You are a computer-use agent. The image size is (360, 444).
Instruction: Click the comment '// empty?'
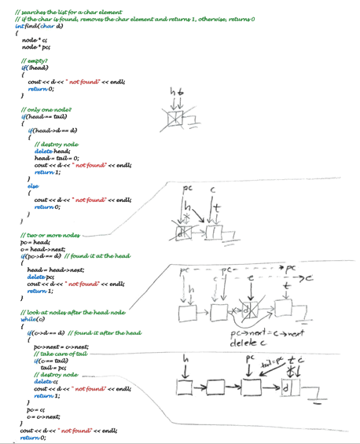[34, 60]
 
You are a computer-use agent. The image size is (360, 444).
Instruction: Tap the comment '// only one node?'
[46, 110]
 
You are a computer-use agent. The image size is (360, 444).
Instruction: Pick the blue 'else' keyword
[33, 185]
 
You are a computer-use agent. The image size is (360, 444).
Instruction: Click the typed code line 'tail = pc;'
[53, 368]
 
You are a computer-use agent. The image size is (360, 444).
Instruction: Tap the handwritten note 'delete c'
[247, 343]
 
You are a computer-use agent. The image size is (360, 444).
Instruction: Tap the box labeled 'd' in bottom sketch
[288, 388]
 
